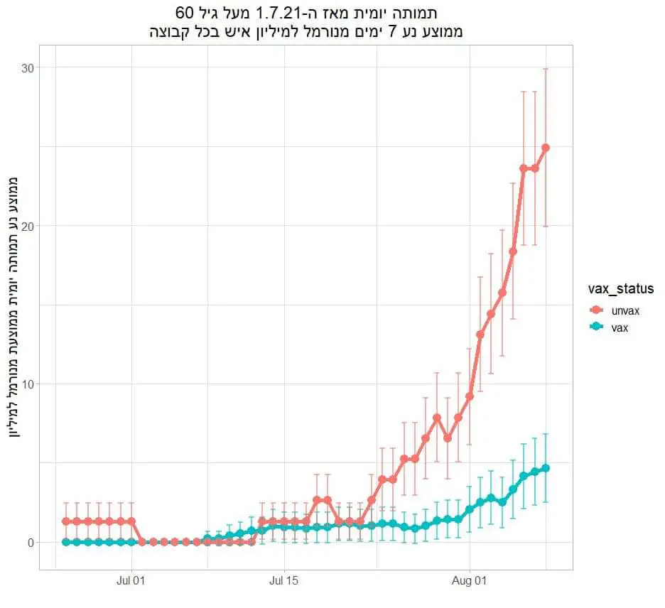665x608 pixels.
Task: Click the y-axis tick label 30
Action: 28,67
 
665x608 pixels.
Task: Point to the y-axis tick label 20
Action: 28,226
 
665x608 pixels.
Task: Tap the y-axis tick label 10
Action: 28,384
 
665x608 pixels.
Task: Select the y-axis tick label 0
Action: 31,543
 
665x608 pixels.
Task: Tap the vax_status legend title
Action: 621,289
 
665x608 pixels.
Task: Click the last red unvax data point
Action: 546,148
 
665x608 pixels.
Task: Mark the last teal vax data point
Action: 546,468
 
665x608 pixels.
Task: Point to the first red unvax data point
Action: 66,521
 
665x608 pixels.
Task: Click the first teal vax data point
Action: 66,542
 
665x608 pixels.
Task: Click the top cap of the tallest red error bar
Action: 546,68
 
